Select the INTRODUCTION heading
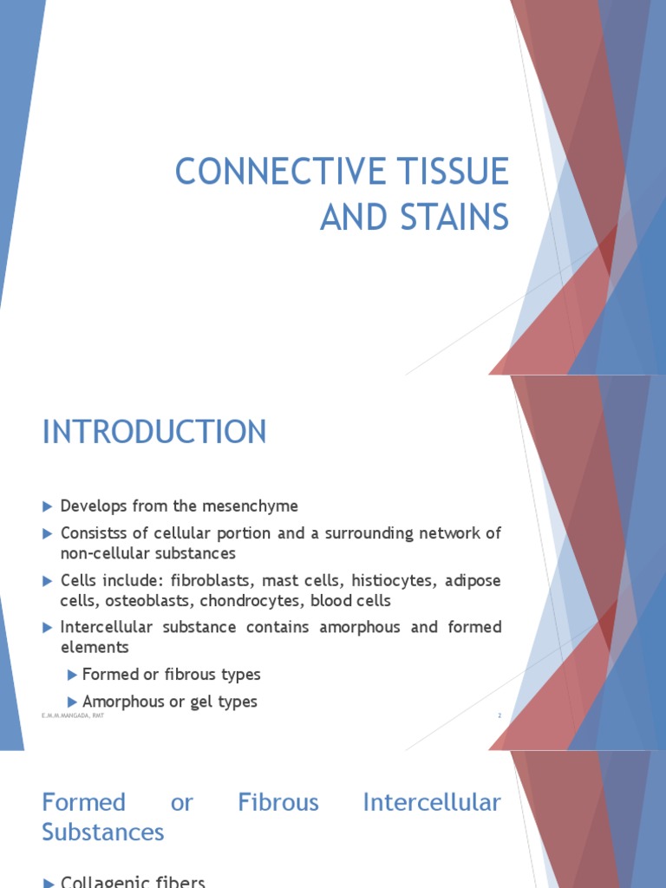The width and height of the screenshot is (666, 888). point(154,432)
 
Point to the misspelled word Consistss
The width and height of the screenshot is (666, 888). point(93,533)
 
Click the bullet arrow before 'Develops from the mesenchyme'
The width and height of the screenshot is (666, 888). point(48,506)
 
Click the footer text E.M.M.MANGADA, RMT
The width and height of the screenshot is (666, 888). point(73,715)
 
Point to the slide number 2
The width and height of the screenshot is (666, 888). point(499,715)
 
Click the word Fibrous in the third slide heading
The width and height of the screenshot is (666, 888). point(277,803)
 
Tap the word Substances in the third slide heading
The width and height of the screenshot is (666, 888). point(103,832)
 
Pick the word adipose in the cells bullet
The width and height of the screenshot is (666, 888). point(473,580)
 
